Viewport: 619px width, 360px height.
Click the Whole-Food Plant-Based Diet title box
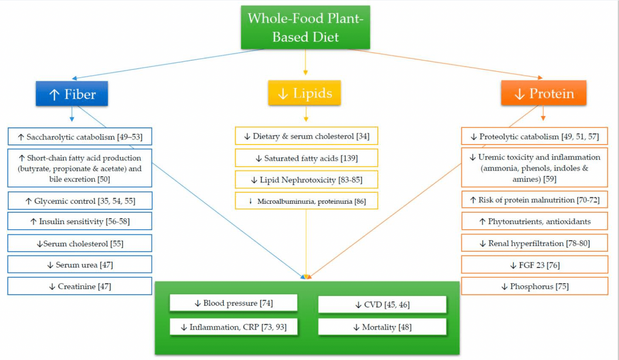[x=305, y=27]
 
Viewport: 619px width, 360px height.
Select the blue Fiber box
[x=72, y=94]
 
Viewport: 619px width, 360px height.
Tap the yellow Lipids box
[x=305, y=93]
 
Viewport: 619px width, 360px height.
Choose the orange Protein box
[x=544, y=93]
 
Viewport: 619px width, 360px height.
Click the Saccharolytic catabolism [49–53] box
[x=80, y=137]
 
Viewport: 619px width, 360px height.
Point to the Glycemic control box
[x=80, y=201]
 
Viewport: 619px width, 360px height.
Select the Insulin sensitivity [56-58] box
[x=80, y=221]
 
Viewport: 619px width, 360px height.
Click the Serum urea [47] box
[x=80, y=265]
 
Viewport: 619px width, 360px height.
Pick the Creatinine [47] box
[x=80, y=286]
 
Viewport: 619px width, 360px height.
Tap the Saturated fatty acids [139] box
[x=307, y=158]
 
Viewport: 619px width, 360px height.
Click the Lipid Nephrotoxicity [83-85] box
[x=307, y=180]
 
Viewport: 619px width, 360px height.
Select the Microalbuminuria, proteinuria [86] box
[x=307, y=201]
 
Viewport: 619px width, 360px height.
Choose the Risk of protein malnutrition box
[x=535, y=200]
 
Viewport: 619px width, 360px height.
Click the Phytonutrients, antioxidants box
[x=535, y=221]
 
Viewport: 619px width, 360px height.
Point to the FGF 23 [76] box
[x=535, y=265]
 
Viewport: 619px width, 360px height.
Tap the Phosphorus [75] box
[x=535, y=286]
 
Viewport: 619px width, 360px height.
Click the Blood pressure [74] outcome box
[x=234, y=303]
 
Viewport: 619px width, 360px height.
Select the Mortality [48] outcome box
[x=382, y=327]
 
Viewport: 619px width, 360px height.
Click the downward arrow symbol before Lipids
[x=283, y=94]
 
